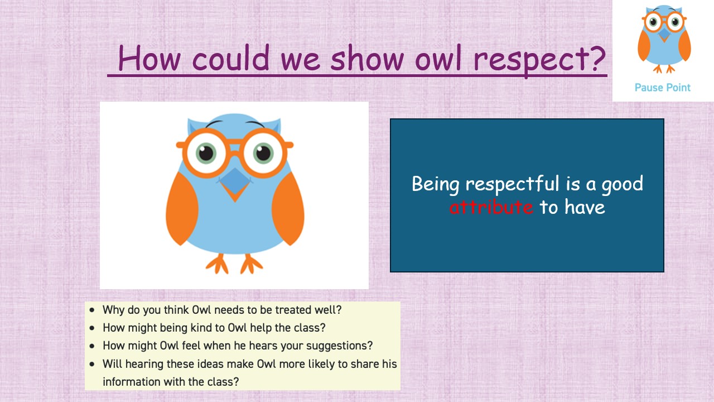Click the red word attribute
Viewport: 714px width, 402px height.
[491, 207]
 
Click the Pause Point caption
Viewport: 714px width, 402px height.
[662, 88]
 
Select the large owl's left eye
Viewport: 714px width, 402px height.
[206, 152]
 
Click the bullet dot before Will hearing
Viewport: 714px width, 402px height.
[93, 364]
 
